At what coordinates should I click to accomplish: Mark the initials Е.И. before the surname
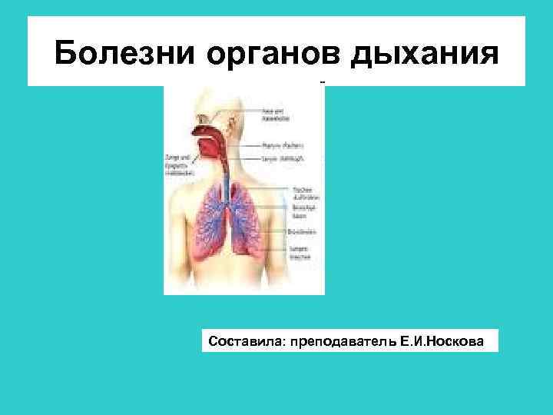[x=415, y=340]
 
